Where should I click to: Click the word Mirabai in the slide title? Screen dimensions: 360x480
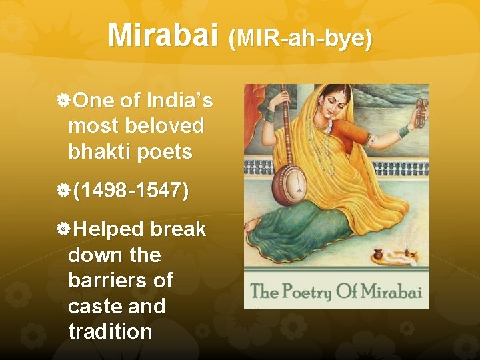pyautogui.click(x=163, y=35)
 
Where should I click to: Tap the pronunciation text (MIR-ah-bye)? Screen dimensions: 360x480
pyautogui.click(x=300, y=39)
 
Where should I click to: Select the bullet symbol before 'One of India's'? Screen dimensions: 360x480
pyautogui.click(x=63, y=101)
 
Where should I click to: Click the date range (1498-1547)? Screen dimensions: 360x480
pyautogui.click(x=131, y=191)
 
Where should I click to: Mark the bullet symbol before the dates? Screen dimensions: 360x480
pyautogui.click(x=63, y=191)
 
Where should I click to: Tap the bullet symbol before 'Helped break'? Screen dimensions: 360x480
pyautogui.click(x=63, y=230)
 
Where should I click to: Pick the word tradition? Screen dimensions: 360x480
pyautogui.click(x=110, y=331)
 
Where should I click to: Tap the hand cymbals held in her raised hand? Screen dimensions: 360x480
pyautogui.click(x=421, y=112)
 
